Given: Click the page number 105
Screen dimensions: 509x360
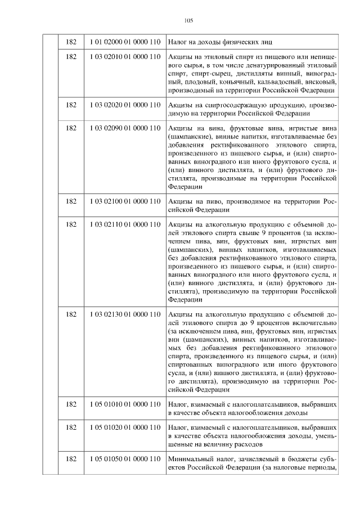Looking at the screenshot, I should pos(188,21).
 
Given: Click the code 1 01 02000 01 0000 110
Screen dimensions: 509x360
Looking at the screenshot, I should pos(125,42).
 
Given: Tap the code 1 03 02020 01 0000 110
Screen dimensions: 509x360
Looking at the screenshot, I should pos(125,105).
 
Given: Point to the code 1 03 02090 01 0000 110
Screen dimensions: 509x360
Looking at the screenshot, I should pos(125,128).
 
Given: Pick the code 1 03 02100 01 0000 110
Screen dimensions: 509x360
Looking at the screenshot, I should pos(125,201).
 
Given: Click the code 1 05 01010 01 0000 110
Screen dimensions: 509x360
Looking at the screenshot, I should pos(125,404).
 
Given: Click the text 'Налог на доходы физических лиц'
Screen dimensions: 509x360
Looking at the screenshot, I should pos(215,42).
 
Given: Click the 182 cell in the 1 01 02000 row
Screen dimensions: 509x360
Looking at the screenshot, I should pos(71,42).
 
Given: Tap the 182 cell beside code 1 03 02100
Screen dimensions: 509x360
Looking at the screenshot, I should pos(71,201).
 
